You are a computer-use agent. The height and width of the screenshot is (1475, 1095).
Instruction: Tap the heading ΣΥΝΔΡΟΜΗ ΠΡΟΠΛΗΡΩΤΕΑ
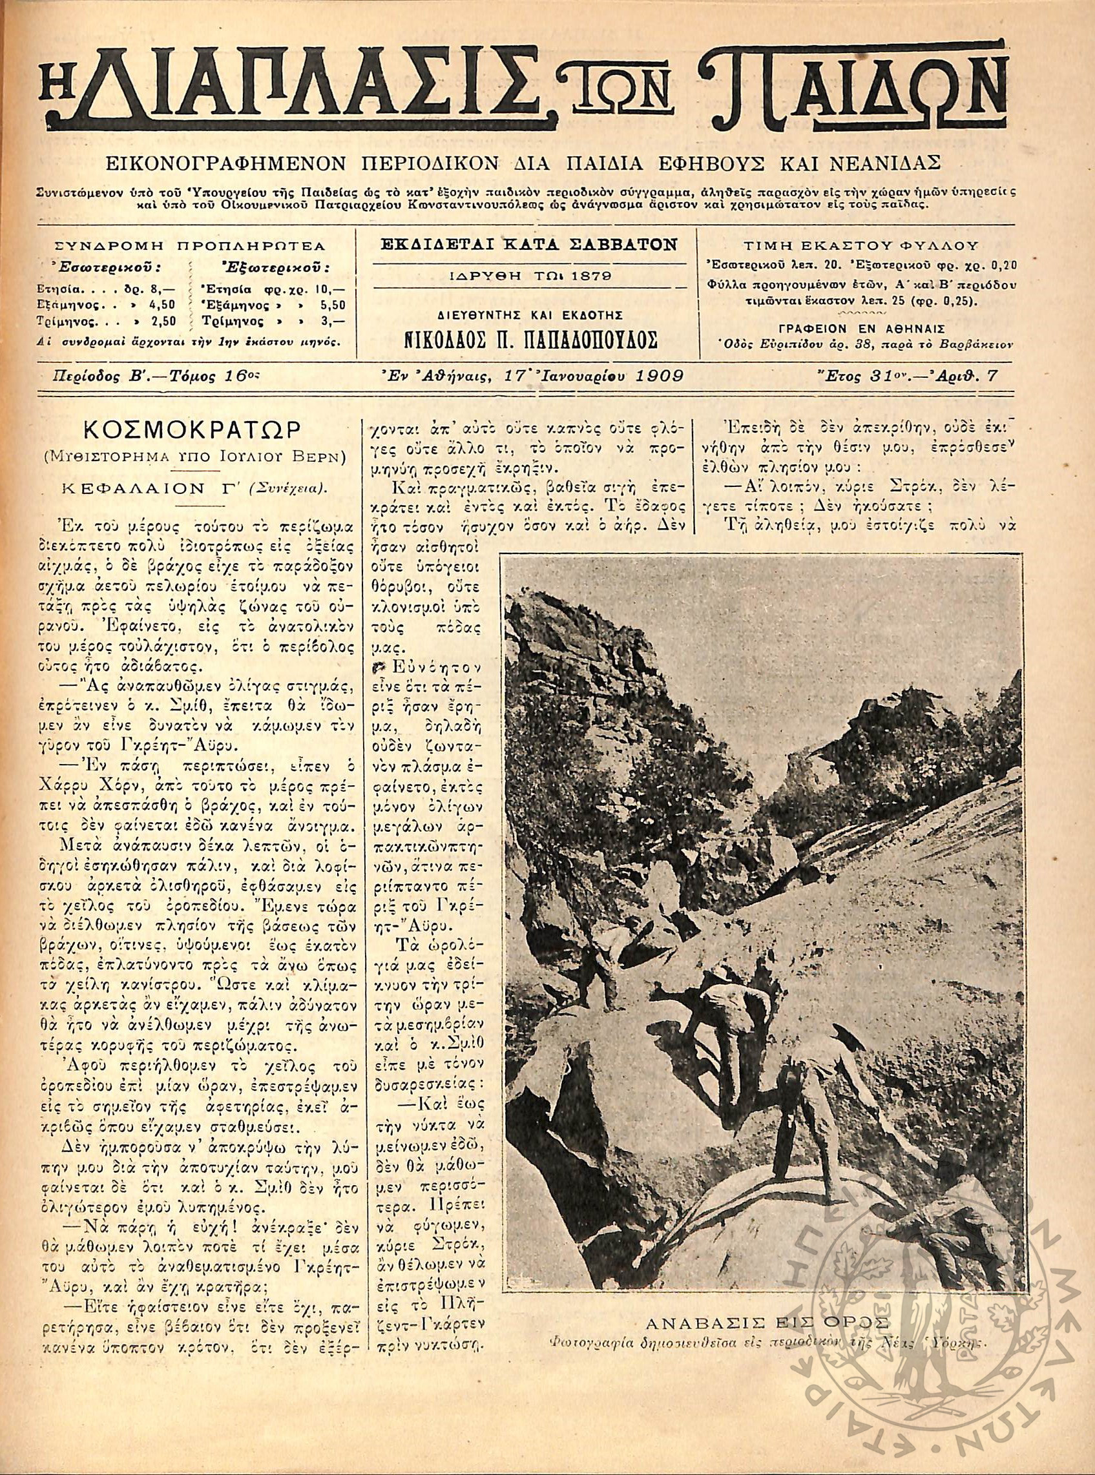pos(189,246)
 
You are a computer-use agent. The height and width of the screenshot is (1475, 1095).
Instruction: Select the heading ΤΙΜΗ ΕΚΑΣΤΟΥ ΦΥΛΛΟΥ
pos(861,245)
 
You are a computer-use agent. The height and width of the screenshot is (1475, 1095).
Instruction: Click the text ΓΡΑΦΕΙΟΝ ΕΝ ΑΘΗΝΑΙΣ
pos(861,328)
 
